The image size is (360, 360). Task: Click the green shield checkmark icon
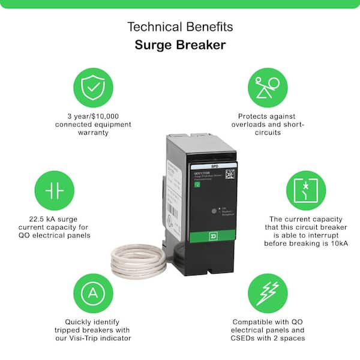(x=92, y=88)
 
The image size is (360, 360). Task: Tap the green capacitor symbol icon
(x=53, y=190)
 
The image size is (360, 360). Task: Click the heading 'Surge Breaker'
(x=180, y=46)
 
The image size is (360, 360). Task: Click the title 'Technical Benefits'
(x=180, y=27)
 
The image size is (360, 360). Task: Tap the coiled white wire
(x=137, y=258)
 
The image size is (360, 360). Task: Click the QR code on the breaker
(x=230, y=175)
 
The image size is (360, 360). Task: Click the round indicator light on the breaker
(x=214, y=211)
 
